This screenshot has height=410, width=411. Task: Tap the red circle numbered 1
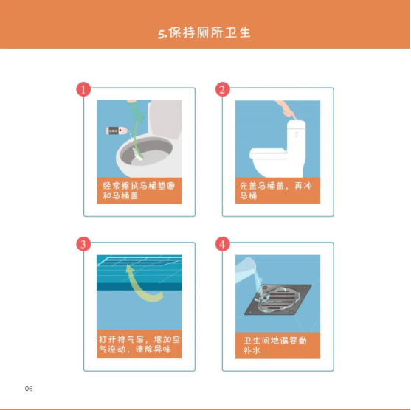coord(83,89)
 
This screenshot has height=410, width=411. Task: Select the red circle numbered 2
coord(223,89)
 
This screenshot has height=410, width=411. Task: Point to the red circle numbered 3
coord(83,244)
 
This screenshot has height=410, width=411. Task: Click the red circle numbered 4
coord(223,244)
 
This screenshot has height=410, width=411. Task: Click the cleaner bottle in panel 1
coord(117,131)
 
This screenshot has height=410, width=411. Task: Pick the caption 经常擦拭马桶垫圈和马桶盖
coord(139,191)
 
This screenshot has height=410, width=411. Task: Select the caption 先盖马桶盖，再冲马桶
coord(276,191)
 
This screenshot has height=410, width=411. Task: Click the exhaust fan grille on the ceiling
coord(139,262)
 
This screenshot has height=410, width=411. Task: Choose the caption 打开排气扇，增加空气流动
coord(139,344)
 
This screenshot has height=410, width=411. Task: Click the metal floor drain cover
coord(278,299)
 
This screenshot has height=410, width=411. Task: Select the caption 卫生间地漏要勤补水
coord(275,345)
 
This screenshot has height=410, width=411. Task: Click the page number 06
coord(29,389)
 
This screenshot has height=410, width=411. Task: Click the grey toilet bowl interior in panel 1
coord(147,153)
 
